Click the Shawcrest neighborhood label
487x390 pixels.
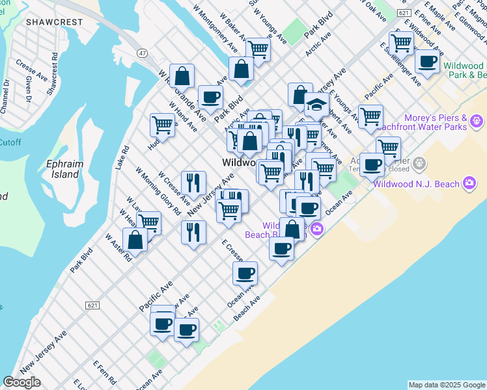coord(55,22)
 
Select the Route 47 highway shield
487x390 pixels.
coord(141,51)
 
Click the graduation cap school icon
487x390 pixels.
coord(316,105)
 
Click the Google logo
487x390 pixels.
coord(21,382)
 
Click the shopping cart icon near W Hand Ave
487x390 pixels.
coord(162,125)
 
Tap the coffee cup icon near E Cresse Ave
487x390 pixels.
coord(245,273)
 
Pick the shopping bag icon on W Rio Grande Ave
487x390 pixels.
coord(182,75)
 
